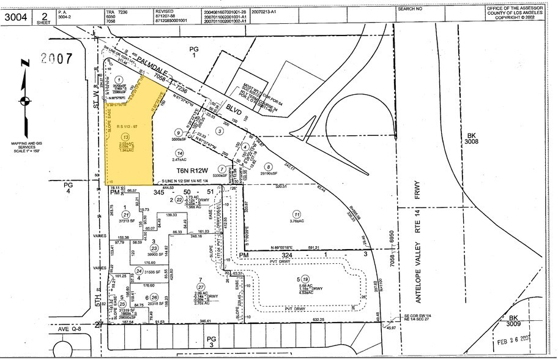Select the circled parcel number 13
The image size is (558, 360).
(125, 137)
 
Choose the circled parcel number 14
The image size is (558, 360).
(179, 152)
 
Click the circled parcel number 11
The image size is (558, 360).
(297, 214)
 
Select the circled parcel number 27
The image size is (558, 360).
(200, 287)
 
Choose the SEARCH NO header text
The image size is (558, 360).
(410, 9)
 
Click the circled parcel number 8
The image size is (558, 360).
(267, 166)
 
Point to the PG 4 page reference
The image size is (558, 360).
(68, 186)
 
